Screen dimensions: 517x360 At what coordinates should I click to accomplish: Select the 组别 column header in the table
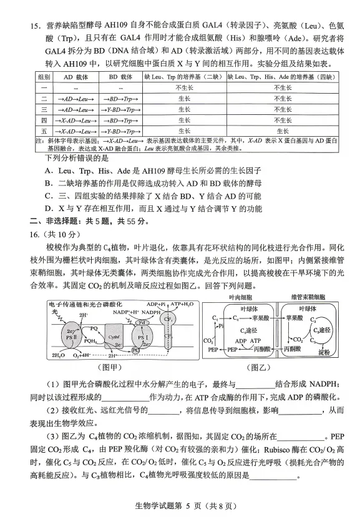click(44, 76)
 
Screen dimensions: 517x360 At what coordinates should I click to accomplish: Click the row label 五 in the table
click(44, 131)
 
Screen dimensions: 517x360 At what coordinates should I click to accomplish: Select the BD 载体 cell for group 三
click(122, 109)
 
